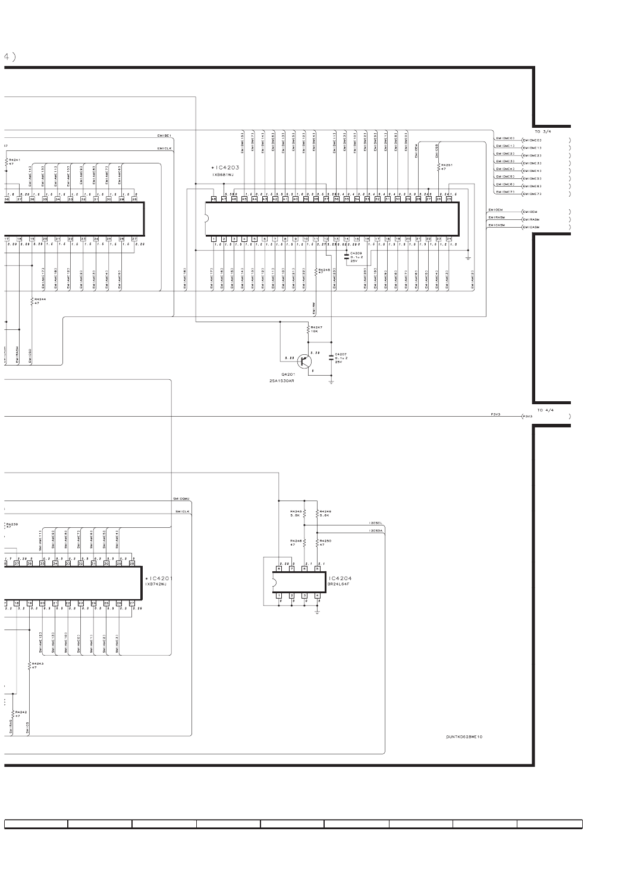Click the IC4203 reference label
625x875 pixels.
227,167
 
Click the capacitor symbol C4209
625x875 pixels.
347,256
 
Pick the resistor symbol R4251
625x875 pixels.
439,167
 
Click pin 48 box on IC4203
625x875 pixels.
214,199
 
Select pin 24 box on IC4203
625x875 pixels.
449,238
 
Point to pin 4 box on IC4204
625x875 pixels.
318,595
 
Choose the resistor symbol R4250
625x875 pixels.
318,542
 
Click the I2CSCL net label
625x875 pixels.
376,524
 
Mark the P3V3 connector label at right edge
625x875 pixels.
527,417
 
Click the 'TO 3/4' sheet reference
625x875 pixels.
545,131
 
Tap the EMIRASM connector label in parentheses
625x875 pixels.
530,219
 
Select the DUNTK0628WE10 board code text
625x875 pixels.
464,736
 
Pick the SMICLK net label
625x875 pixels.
181,511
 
